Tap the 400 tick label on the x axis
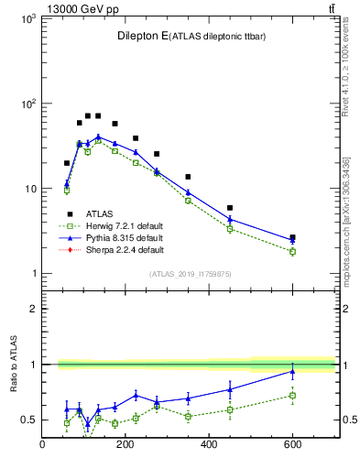point(209,446)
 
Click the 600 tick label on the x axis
point(292,446)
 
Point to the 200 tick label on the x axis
point(125,446)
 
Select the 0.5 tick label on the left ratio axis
point(28,420)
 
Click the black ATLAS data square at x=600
point(292,237)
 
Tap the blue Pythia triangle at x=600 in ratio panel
point(292,371)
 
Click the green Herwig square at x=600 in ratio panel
point(292,396)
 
